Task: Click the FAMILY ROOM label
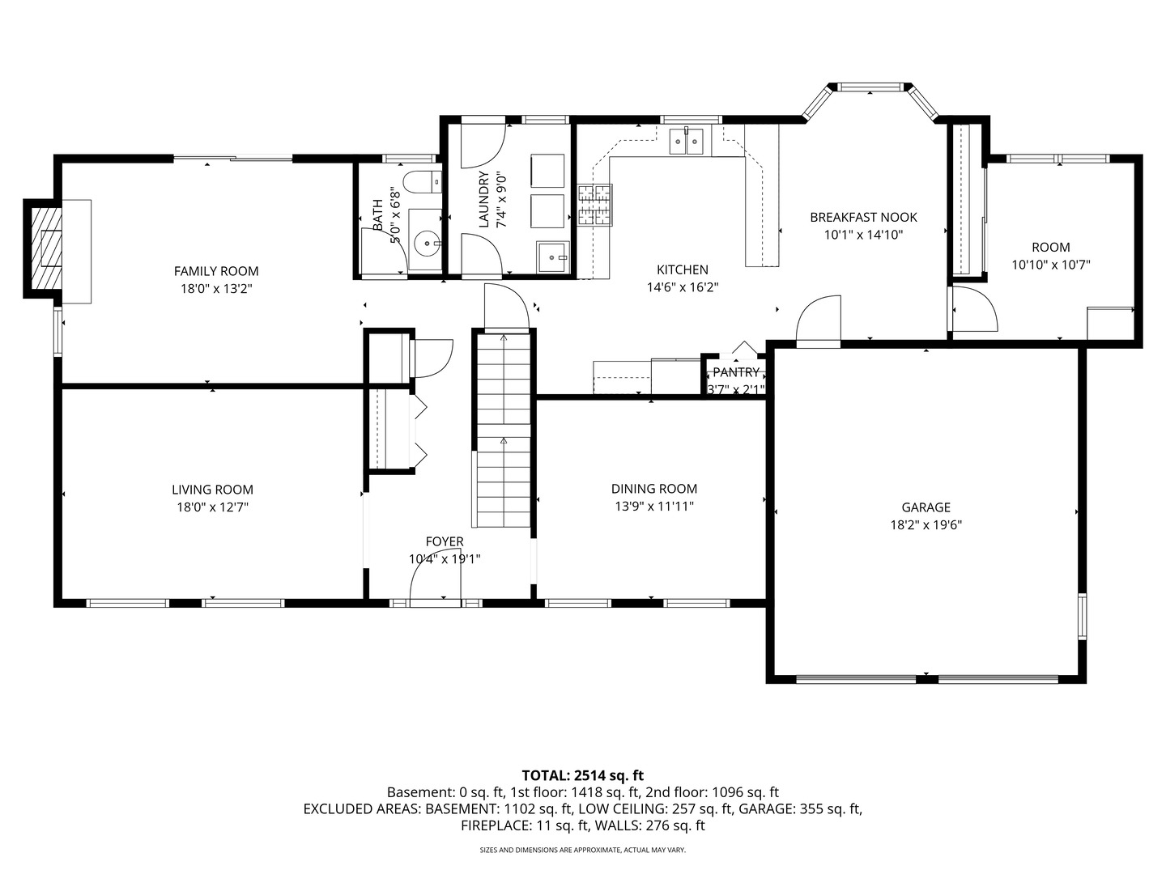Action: click(216, 271)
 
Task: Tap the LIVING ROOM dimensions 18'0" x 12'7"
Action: click(212, 507)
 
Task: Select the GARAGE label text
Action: click(926, 507)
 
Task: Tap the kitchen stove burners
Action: click(595, 205)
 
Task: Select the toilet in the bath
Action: click(422, 183)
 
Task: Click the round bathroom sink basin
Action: click(425, 241)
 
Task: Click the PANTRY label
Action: click(736, 372)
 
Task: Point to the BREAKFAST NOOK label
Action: click(863, 217)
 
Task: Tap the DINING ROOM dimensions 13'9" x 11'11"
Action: click(653, 507)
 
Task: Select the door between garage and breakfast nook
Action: click(819, 322)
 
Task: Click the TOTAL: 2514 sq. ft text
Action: click(582, 775)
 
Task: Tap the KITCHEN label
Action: click(682, 269)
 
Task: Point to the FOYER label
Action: click(445, 541)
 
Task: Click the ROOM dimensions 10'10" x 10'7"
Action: click(1050, 265)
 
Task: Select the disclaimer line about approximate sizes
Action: click(582, 851)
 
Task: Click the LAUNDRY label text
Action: click(484, 200)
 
